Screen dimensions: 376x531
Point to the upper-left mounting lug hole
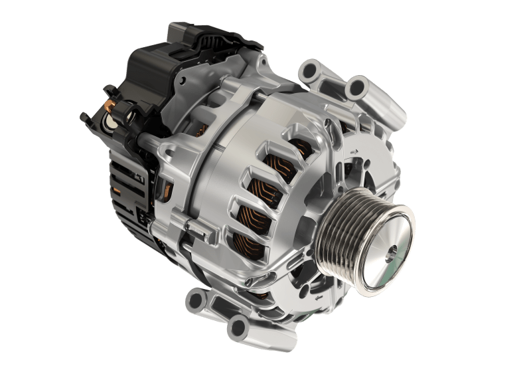pos(310,68)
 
